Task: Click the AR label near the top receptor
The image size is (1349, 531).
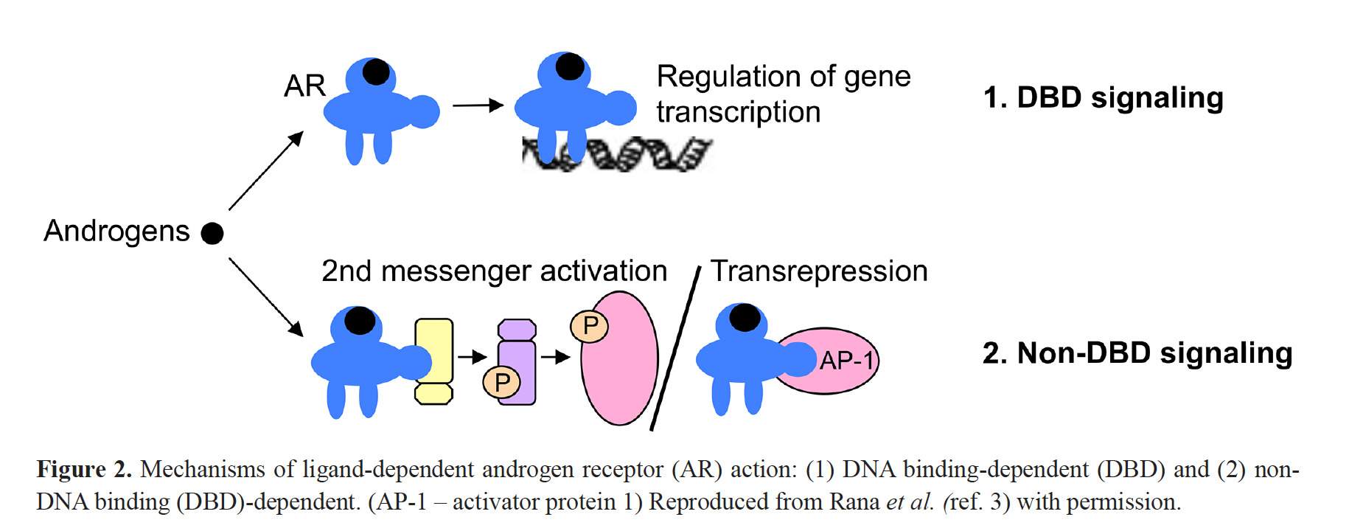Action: pos(304,86)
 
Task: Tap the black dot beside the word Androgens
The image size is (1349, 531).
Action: pos(212,233)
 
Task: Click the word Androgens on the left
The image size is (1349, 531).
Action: pos(116,232)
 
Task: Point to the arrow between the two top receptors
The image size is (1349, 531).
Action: pos(477,105)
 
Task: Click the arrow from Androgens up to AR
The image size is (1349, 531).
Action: pos(265,171)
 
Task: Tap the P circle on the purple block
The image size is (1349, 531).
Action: pos(502,382)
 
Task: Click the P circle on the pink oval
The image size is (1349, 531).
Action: pos(590,326)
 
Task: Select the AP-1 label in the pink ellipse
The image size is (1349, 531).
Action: pos(846,361)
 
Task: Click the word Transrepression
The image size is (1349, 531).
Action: pos(819,271)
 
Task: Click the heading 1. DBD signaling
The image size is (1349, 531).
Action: pos(1103,98)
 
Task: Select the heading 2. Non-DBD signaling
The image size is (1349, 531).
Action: pos(1137,353)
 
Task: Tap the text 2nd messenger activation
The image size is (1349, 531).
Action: pos(494,271)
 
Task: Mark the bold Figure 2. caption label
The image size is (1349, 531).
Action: pos(84,470)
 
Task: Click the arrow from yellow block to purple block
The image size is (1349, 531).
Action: pos(472,358)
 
